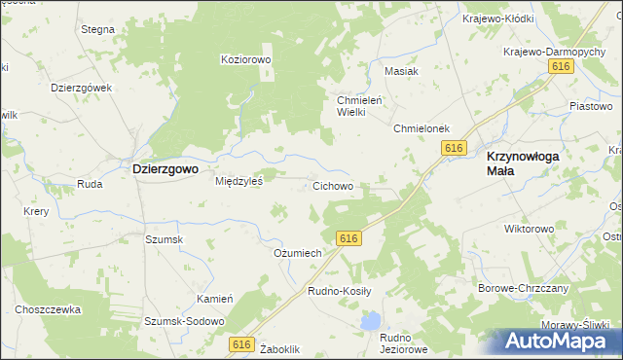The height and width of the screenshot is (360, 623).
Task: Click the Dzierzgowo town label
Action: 165,168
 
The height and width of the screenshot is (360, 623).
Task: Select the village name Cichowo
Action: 332,185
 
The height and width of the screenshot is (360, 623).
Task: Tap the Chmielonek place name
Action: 420,128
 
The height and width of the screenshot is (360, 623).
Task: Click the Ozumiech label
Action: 297,253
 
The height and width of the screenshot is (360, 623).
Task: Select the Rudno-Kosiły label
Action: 333,291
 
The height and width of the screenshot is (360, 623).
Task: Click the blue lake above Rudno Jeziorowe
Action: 370,320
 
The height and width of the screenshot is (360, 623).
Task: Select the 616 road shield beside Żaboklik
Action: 243,344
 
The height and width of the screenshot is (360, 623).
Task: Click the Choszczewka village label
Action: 47,309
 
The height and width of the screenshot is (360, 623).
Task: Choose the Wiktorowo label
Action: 529,230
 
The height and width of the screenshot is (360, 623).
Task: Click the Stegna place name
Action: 98,29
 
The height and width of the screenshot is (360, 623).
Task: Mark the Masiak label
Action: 401,72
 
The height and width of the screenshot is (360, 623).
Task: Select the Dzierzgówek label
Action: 82,87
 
